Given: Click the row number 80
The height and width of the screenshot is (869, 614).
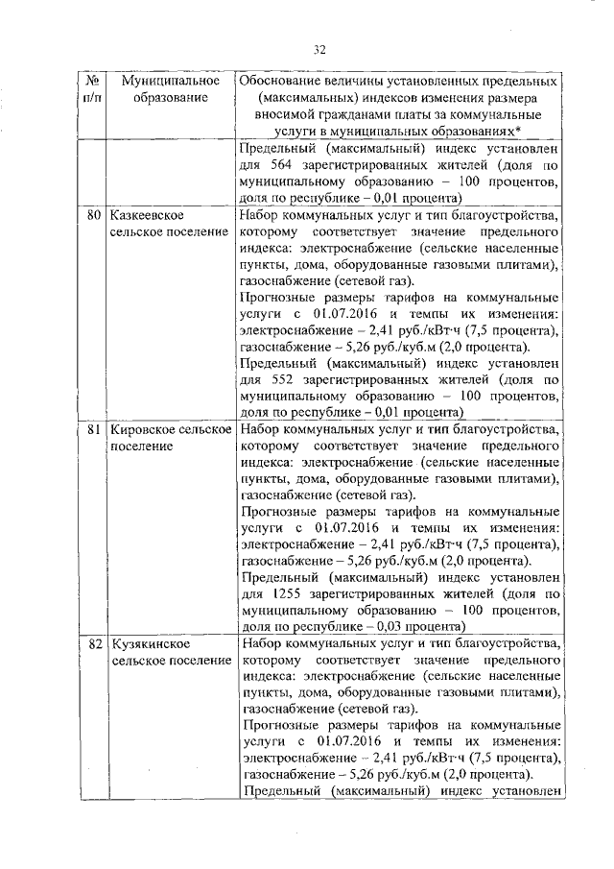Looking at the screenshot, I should pos(94,212).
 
